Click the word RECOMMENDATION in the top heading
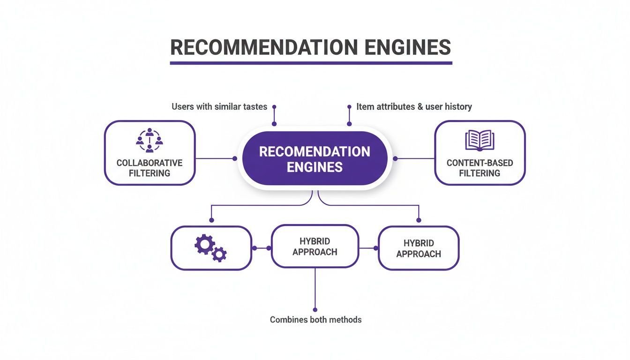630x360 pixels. tap(264, 47)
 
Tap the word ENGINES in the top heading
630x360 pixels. tap(408, 47)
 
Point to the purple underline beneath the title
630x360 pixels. tap(311, 63)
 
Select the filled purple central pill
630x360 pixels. tap(315, 158)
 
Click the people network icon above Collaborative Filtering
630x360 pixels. tap(150, 140)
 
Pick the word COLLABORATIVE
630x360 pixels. tap(150, 163)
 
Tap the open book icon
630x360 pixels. tap(480, 140)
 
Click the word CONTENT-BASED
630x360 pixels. tap(480, 163)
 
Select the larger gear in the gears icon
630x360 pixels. tap(205, 244)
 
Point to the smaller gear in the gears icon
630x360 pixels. tap(219, 255)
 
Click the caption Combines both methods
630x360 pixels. tap(315, 320)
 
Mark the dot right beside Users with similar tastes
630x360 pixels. tap(274, 107)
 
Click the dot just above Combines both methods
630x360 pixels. tap(315, 310)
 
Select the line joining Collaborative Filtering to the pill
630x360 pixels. tap(215, 158)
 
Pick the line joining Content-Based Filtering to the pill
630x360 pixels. tap(415, 158)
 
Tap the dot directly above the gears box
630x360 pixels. tap(211, 220)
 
